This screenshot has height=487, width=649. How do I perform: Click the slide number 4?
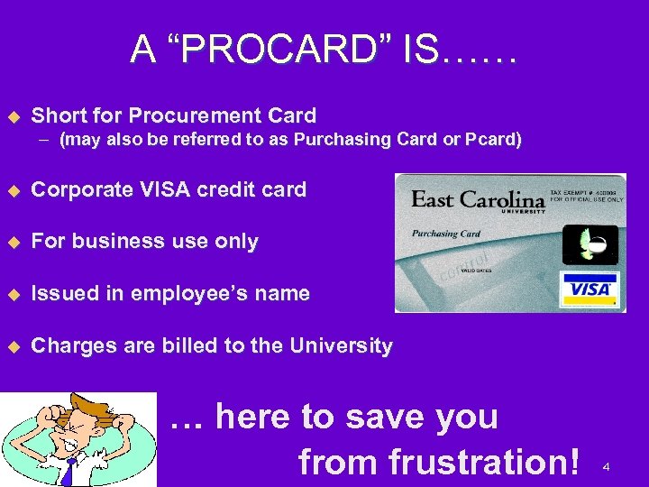(x=607, y=467)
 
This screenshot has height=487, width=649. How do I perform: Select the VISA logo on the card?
(x=590, y=289)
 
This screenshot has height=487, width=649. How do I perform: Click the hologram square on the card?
(x=590, y=243)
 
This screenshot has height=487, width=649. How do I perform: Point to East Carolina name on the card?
(x=478, y=199)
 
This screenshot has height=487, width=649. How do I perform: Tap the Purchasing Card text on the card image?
(x=447, y=234)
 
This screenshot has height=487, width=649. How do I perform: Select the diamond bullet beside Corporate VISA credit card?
(x=13, y=190)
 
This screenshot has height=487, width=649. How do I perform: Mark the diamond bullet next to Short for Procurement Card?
(x=13, y=115)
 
